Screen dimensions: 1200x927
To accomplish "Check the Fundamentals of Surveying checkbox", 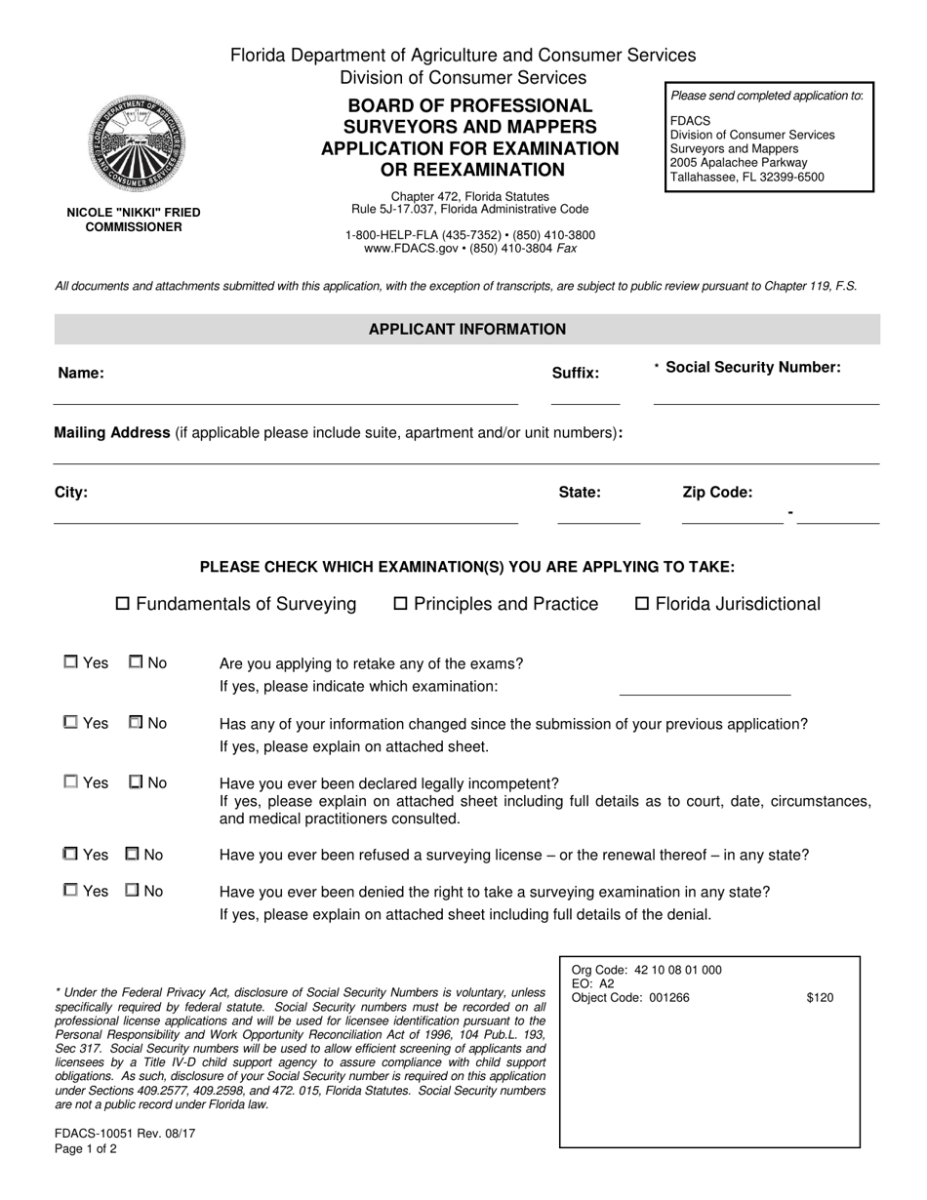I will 123,604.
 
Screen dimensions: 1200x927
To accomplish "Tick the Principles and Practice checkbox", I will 400,604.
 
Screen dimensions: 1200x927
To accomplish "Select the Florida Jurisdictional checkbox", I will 642,604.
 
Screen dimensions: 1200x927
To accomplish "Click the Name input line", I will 285,394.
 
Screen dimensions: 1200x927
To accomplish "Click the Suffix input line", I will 584,394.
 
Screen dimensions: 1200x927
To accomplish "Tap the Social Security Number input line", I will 766,394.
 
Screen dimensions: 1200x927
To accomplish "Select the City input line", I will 285,514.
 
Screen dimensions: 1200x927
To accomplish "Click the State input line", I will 598,514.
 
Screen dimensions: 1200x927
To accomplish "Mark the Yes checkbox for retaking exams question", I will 71,662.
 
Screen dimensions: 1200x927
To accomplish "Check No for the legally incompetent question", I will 136,781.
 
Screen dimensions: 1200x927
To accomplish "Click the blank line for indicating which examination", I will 705,687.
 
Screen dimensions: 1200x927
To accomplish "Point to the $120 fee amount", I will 820,997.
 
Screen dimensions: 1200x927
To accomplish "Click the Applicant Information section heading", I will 466,330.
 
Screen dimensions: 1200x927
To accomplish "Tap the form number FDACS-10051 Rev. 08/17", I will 125,1134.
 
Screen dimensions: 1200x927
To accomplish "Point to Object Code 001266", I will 630,997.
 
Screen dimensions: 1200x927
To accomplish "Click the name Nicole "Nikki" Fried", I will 134,212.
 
